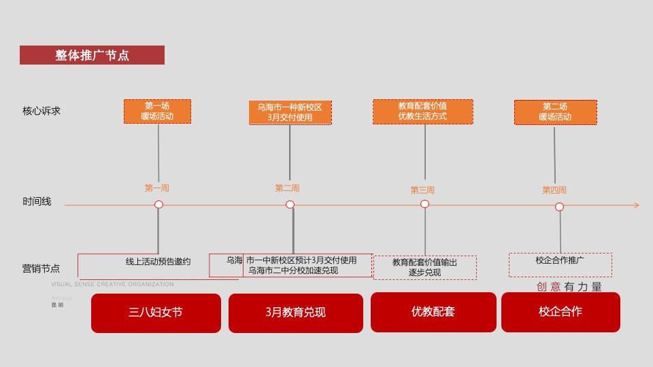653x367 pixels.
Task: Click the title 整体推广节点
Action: pyautogui.click(x=92, y=56)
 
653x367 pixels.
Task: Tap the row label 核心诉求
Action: pyautogui.click(x=41, y=110)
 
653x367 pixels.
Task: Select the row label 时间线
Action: pyautogui.click(x=37, y=202)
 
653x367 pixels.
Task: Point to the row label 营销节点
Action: pyautogui.click(x=41, y=268)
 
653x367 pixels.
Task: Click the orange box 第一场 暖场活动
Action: pyautogui.click(x=157, y=111)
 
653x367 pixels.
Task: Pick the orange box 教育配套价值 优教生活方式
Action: pyautogui.click(x=422, y=111)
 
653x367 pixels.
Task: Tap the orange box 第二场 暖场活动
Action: pyautogui.click(x=555, y=112)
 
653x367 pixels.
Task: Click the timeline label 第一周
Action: pyautogui.click(x=156, y=188)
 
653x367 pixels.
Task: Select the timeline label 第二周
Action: pyautogui.click(x=287, y=188)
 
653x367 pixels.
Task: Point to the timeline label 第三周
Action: pyautogui.click(x=422, y=190)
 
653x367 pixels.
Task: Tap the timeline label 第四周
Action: pyautogui.click(x=554, y=190)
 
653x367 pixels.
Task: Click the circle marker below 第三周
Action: pyautogui.click(x=424, y=204)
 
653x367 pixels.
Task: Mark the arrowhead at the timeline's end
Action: pyautogui.click(x=636, y=205)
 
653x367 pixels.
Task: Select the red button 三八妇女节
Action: pyautogui.click(x=156, y=313)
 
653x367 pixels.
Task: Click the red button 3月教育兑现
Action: pyautogui.click(x=295, y=313)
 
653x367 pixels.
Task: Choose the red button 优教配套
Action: pyautogui.click(x=433, y=312)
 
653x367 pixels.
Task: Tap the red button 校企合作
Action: pyautogui.click(x=560, y=312)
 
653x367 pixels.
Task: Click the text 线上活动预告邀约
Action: pyautogui.click(x=158, y=261)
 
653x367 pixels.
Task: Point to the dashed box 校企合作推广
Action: pyautogui.click(x=560, y=264)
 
